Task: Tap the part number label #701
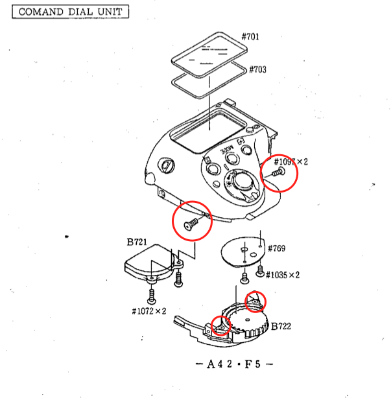(250, 37)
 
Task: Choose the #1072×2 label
(148, 310)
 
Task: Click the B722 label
(281, 326)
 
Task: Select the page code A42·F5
(234, 364)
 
